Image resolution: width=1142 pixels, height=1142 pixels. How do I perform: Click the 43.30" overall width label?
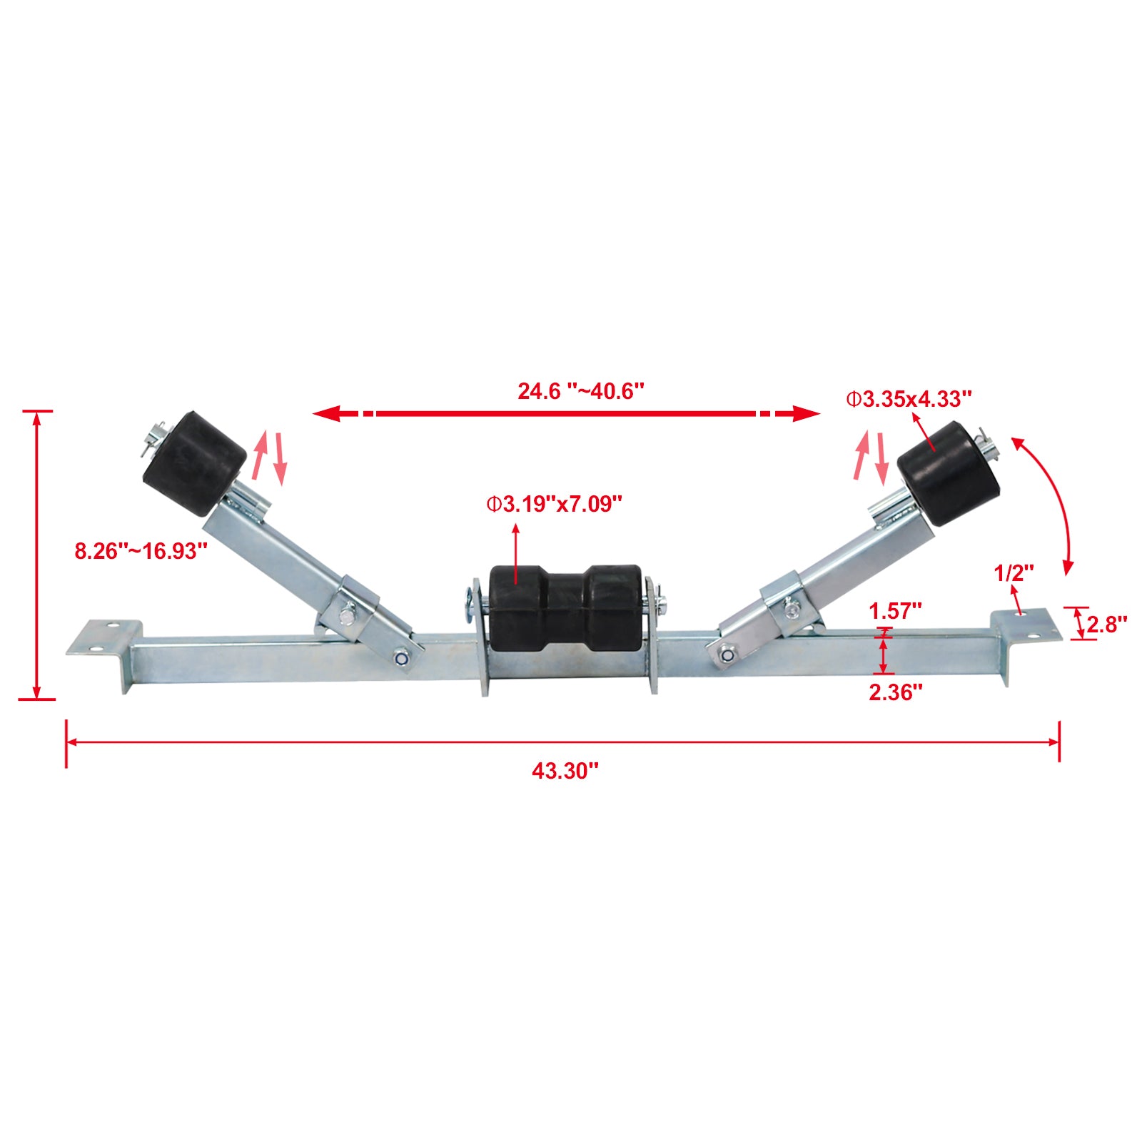pos(565,771)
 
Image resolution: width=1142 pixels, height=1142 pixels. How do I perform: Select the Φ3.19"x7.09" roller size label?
pos(555,505)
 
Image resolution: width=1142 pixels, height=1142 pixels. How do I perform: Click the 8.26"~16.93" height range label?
pos(141,551)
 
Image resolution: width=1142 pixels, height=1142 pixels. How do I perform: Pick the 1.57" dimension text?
pos(895,611)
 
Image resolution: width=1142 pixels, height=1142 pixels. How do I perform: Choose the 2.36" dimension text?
pos(895,692)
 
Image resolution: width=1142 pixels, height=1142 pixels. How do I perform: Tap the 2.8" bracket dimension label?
pos(1106,625)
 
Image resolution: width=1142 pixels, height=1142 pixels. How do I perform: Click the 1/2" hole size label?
pos(1014,572)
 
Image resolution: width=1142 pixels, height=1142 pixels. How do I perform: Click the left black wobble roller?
pos(195,463)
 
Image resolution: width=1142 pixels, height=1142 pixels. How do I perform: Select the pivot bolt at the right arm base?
pos(727,652)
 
